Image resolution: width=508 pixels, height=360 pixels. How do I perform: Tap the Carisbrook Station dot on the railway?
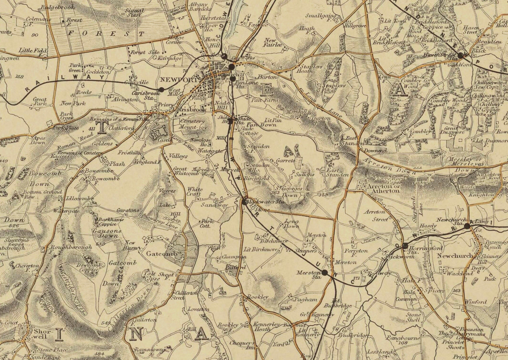point(161,90)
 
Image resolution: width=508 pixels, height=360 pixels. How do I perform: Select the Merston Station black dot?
point(324,272)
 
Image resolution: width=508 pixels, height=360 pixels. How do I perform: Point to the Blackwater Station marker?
point(245,202)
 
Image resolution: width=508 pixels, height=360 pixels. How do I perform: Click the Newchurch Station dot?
point(467,226)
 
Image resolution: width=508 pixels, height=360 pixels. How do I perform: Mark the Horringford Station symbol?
point(405,246)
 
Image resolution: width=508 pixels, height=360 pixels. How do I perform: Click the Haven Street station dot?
point(460,55)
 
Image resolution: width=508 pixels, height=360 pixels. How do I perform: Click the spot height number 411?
point(92,129)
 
